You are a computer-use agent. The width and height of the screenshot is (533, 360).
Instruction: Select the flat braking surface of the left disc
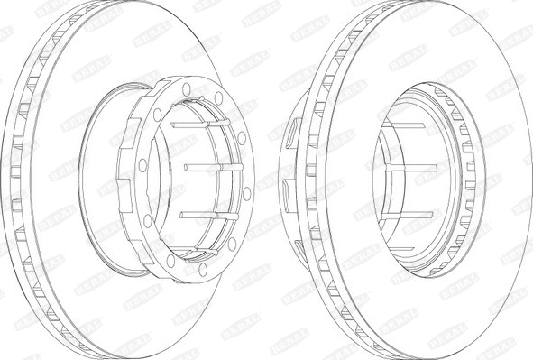135,54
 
